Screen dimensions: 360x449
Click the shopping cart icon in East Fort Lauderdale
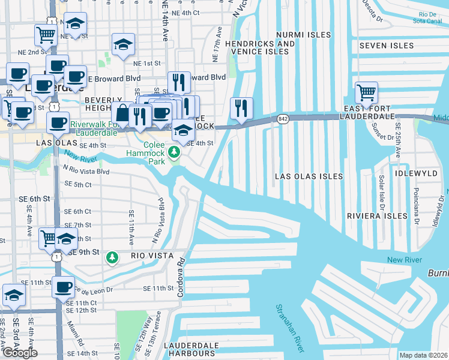366,93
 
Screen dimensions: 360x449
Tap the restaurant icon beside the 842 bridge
241,109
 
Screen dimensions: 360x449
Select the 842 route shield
283,119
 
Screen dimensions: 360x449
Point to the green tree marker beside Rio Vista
112,257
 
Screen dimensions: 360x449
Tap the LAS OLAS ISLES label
309,176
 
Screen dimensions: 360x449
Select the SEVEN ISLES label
387,46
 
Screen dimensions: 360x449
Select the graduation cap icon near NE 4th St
76,24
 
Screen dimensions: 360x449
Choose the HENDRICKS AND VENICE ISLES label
260,47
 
